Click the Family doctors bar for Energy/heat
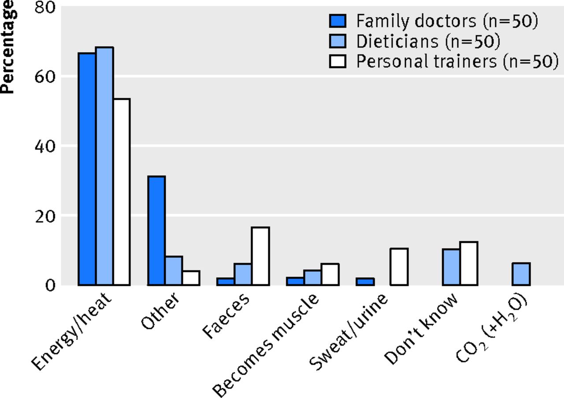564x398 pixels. [x=87, y=169]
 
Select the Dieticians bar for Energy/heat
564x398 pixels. [x=104, y=166]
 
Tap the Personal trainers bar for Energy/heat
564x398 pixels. [x=122, y=192]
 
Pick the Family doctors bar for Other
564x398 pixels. [x=156, y=231]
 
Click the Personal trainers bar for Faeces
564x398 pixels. [x=260, y=256]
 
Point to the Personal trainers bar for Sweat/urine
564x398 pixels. [x=399, y=267]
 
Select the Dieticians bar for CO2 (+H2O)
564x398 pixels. [x=521, y=274]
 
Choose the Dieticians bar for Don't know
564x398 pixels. [x=452, y=267]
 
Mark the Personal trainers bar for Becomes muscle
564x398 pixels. [x=330, y=274]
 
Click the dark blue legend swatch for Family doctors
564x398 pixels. [x=338, y=21]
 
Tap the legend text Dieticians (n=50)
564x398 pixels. [x=428, y=41]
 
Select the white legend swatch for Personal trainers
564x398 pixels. [x=338, y=62]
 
